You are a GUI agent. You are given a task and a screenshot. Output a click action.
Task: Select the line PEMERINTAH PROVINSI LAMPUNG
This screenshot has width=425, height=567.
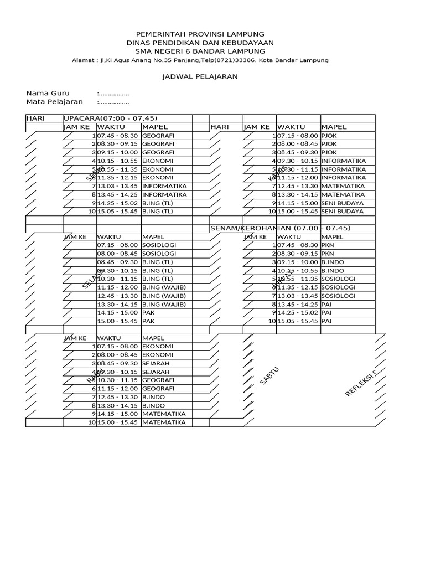pos(200,34)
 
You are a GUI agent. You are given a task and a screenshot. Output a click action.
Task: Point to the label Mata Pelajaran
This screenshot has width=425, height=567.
pos(54,101)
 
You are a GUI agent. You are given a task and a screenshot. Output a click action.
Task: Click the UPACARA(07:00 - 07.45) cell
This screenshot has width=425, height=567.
pos(111,118)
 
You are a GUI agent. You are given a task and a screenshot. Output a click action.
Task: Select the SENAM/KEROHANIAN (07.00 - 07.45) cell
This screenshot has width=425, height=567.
pos(280,228)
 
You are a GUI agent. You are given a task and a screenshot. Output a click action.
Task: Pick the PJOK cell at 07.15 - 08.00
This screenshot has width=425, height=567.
pos(329,135)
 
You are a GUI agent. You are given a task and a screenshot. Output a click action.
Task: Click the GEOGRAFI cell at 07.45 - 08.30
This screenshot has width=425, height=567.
pos(158,135)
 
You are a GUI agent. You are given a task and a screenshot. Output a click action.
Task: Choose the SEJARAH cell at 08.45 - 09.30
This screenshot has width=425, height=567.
pos(156,363)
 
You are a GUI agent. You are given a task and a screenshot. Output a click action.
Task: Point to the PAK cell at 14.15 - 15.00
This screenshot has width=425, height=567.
pos(148,312)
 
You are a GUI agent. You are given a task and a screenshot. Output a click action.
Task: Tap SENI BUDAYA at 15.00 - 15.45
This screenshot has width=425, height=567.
pos(343,211)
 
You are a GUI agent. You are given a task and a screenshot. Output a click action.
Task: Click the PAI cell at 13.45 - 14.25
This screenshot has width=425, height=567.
pos(326,304)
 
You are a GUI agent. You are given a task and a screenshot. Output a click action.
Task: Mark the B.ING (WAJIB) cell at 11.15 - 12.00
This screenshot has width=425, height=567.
pos(163,287)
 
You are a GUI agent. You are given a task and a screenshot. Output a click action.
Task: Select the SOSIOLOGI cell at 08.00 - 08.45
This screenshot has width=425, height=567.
pos(159,253)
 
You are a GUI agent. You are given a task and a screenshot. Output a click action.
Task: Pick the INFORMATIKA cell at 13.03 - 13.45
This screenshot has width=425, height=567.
pos(164,186)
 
